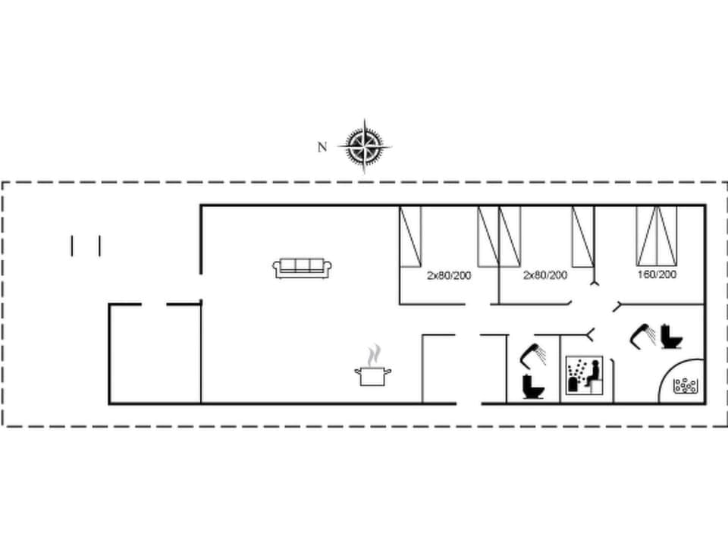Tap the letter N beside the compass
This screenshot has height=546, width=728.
coord(322,147)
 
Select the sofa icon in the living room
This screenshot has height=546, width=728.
coord(303,267)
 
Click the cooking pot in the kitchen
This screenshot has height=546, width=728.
coord(372,375)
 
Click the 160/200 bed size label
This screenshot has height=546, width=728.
coord(657,275)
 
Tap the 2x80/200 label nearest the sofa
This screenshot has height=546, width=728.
coord(448,275)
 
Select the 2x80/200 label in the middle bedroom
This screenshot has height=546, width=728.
coord(545,275)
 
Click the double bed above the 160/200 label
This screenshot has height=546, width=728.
coord(657,235)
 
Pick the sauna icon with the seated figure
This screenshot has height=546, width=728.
coord(585,375)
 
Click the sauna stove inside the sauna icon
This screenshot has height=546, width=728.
coord(574,384)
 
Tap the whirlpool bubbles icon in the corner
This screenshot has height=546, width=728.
coord(686,385)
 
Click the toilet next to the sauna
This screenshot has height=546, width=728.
coord(532,387)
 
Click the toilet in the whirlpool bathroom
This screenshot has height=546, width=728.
coord(670,336)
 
